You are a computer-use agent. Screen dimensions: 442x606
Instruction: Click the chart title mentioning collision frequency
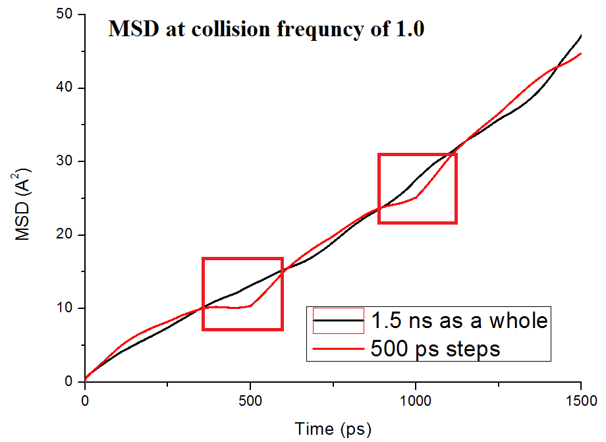(266, 30)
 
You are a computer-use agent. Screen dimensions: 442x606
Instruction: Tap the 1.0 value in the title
(408, 30)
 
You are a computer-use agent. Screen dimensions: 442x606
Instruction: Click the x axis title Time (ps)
(333, 429)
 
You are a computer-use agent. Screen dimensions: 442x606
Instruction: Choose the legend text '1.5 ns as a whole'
(459, 321)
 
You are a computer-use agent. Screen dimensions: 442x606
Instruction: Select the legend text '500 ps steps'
(435, 348)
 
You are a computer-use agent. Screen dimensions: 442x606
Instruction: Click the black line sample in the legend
(339, 321)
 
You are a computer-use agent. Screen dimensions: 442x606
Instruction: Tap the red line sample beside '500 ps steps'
(339, 348)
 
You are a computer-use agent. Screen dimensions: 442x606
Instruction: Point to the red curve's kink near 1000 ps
(416, 196)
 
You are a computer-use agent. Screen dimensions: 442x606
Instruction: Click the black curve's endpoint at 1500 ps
(581, 36)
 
